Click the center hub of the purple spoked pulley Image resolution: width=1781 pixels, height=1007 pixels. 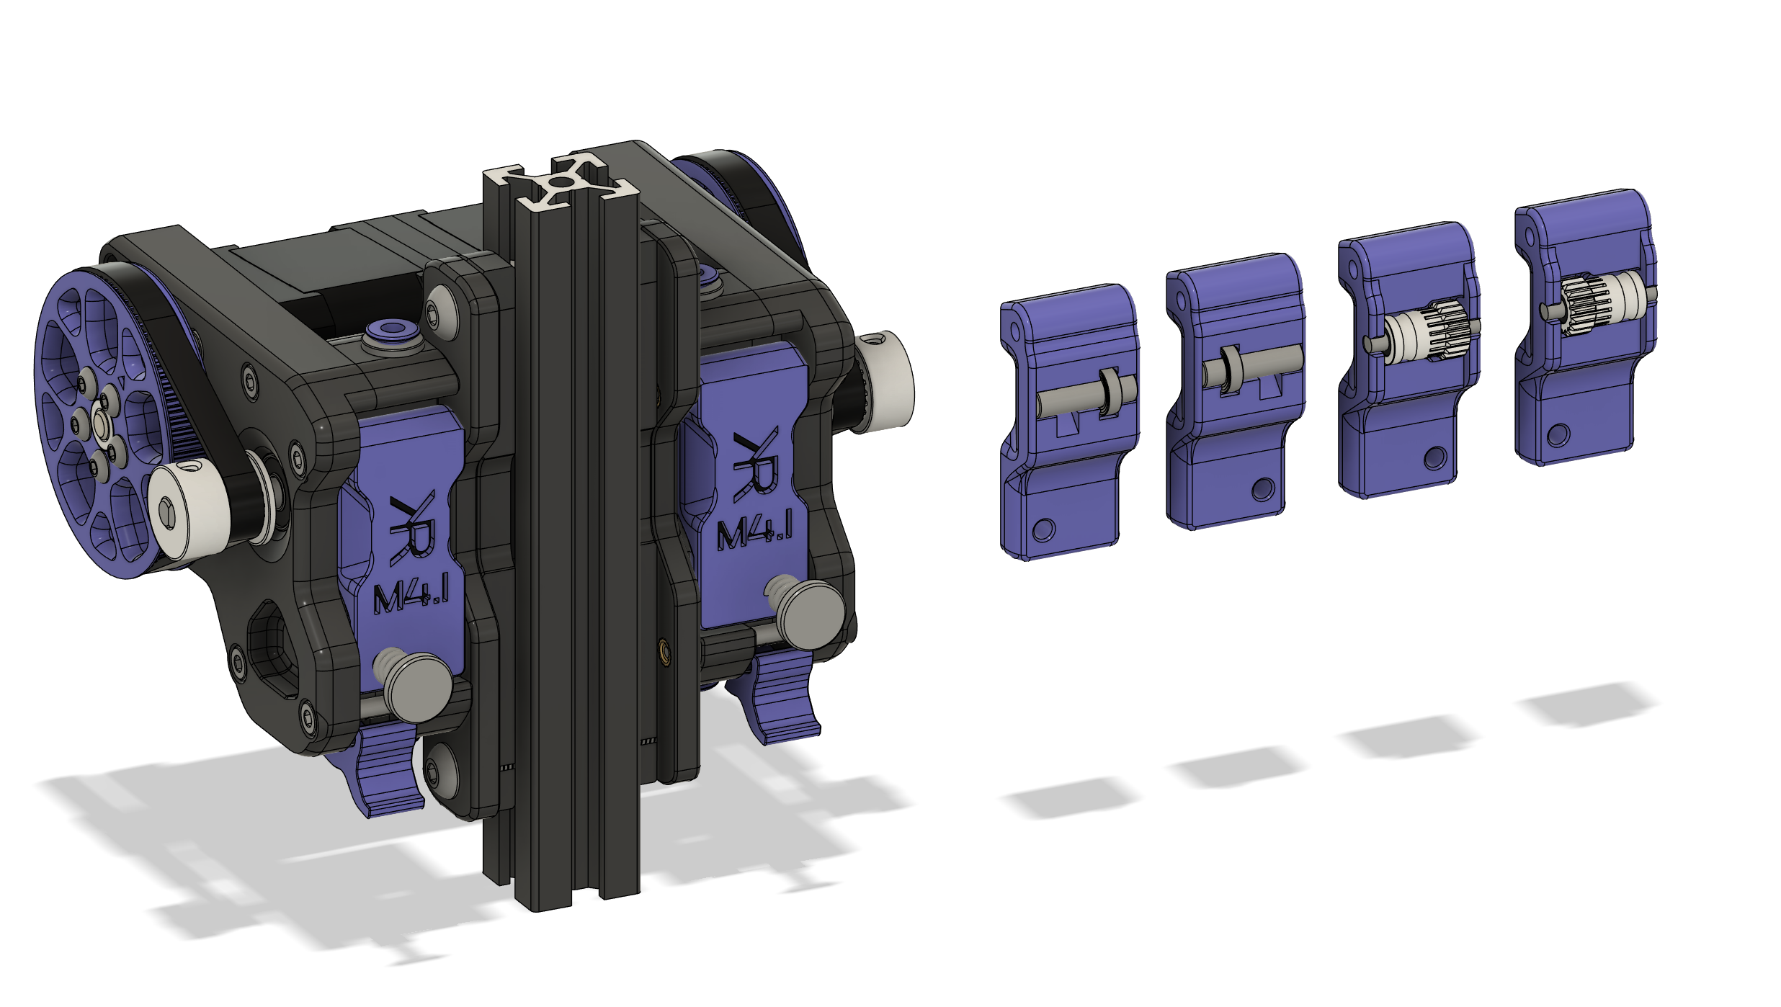pyautogui.click(x=101, y=424)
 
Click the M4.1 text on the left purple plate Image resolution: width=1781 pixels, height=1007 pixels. pyautogui.click(x=411, y=594)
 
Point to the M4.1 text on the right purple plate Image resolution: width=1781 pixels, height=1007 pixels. pyautogui.click(x=754, y=530)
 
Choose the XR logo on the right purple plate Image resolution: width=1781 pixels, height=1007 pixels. pyautogui.click(x=756, y=463)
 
